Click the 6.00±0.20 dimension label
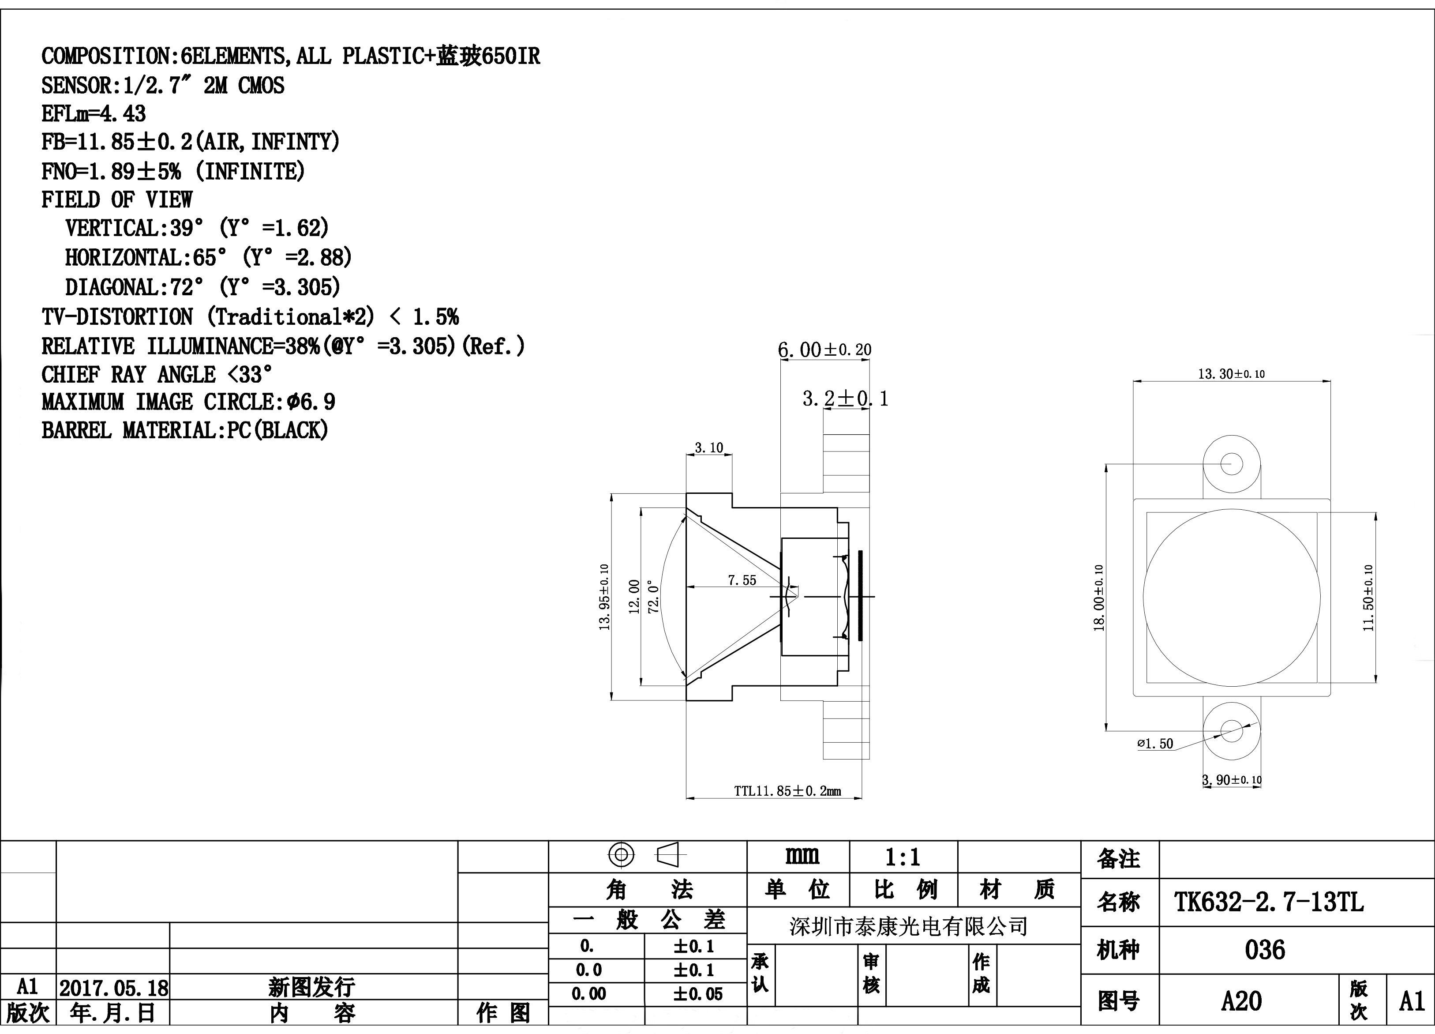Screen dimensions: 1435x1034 coord(824,350)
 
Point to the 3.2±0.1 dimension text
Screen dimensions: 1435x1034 coord(845,399)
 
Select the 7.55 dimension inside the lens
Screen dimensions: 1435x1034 coord(742,580)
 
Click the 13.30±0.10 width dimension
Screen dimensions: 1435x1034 coord(1231,374)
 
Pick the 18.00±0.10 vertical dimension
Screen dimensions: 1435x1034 coord(1099,598)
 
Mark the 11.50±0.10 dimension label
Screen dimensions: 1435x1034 coord(1368,598)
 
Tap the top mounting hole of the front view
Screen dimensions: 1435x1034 coord(1231,464)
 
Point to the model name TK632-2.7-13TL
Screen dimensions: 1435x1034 coord(1269,902)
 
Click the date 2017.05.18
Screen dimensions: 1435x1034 coord(114,988)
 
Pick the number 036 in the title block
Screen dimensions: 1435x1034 coord(1265,950)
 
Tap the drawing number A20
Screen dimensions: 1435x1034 coord(1241,1001)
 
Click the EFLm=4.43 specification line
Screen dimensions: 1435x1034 coord(94,114)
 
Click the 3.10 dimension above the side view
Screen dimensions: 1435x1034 coord(708,448)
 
